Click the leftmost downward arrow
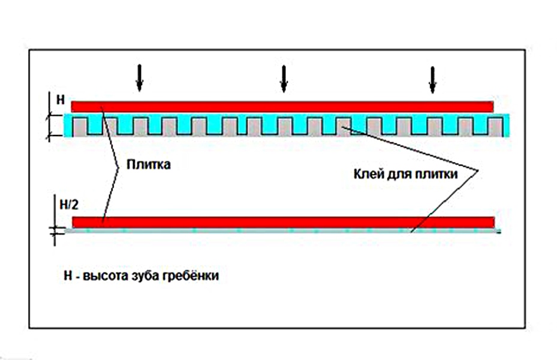click(139, 78)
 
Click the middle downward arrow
click(284, 78)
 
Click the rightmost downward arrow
click(432, 78)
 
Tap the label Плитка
click(149, 164)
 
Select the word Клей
click(366, 175)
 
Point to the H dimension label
click(60, 100)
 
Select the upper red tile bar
click(282, 106)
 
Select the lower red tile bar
click(282, 221)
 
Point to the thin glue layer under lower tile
click(282, 230)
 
